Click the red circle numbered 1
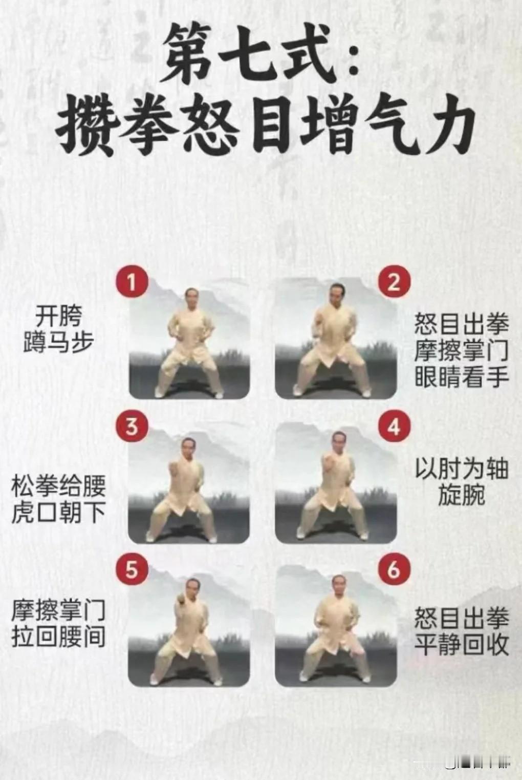[x=132, y=281]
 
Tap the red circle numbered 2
[x=394, y=281]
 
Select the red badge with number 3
[x=132, y=426]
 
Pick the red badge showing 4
[x=394, y=426]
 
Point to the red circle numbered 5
[x=132, y=570]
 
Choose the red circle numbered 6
[x=394, y=570]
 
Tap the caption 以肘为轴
[x=462, y=469]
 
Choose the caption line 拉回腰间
[x=58, y=637]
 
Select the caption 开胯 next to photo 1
[x=58, y=316]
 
